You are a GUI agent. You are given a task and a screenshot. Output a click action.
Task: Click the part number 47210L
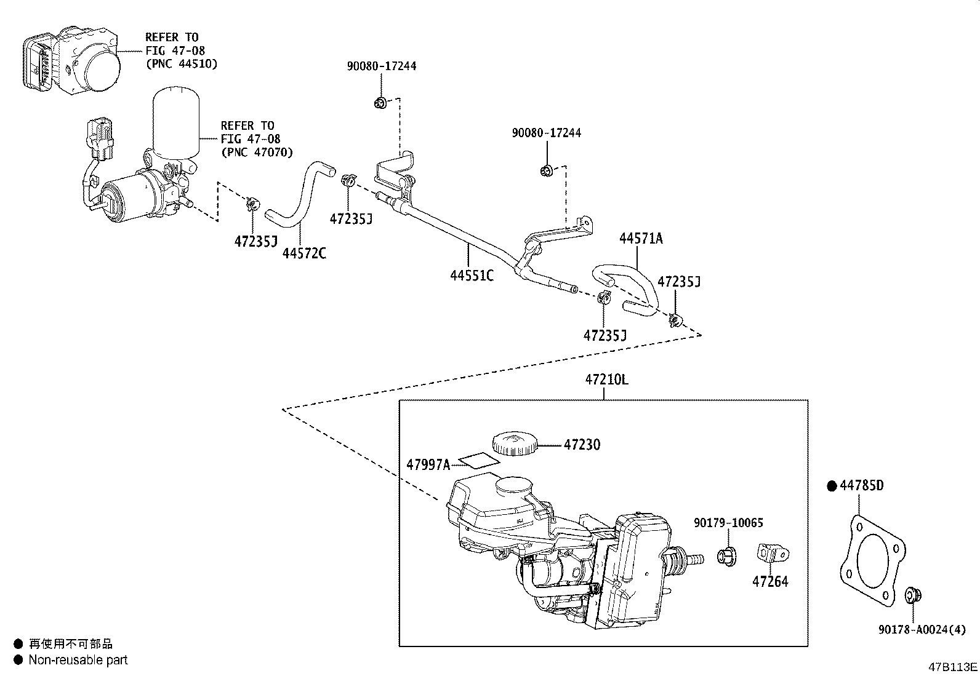pos(606,380)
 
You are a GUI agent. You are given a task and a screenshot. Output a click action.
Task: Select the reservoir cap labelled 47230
pos(514,443)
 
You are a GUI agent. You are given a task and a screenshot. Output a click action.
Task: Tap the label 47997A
pos(428,464)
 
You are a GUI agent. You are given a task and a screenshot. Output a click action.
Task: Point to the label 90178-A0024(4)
pos(922,629)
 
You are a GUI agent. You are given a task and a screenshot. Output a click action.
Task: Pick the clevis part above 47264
pos(773,552)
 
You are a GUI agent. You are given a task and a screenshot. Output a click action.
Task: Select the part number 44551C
pos(472,275)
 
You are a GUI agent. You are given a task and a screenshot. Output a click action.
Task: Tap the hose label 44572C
pos(304,253)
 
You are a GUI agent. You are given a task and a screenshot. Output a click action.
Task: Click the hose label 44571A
pos(641,239)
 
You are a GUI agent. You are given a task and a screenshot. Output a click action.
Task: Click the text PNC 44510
pos(182,63)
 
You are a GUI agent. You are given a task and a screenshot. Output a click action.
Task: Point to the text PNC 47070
pos(257,152)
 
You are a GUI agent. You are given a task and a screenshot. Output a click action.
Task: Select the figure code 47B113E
pos(953,667)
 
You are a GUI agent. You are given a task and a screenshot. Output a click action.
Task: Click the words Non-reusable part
pos(78,660)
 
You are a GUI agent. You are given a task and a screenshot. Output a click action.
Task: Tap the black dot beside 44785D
pos(832,486)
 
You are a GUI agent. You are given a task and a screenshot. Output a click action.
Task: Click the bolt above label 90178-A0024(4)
pos(912,595)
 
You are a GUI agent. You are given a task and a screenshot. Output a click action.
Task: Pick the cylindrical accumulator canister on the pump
pos(176,120)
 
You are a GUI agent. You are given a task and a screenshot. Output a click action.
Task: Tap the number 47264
pos(769,581)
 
